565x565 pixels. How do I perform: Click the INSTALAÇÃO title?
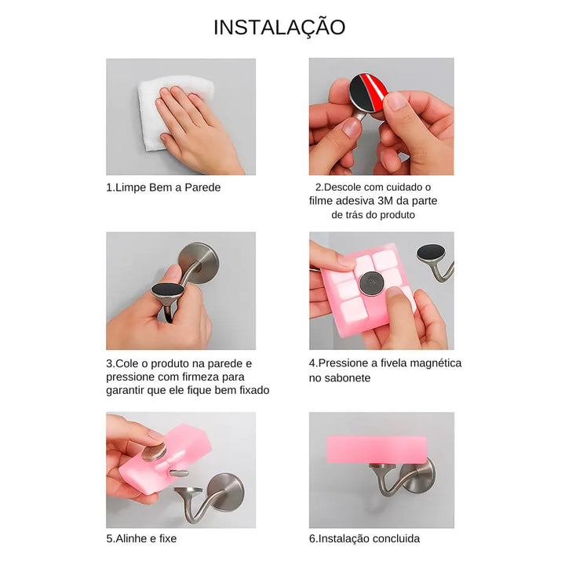[279, 27]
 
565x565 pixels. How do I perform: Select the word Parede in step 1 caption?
[202, 188]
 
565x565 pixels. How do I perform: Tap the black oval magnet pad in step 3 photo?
[168, 290]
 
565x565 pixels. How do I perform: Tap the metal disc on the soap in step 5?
[154, 452]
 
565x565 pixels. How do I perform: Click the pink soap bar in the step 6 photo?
[377, 450]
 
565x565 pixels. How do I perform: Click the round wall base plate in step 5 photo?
[226, 493]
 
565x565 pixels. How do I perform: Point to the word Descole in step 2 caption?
[343, 188]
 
